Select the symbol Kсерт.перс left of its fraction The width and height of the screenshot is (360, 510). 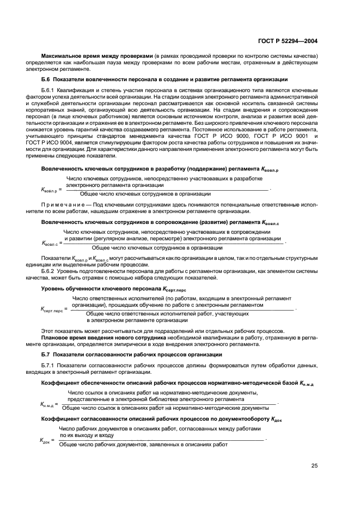[x=52, y=308]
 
